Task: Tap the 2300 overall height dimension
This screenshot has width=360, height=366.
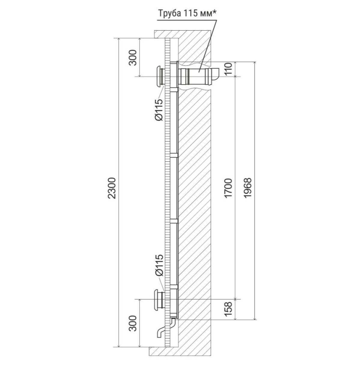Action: (x=112, y=188)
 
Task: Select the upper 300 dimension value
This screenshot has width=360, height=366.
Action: (x=133, y=58)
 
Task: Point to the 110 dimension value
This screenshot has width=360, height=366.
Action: (x=228, y=69)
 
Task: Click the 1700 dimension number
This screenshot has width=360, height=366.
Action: (x=228, y=188)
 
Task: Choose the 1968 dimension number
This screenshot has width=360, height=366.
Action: (x=248, y=188)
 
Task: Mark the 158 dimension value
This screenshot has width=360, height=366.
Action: (x=228, y=309)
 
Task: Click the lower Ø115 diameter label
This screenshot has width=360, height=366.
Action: (x=159, y=265)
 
